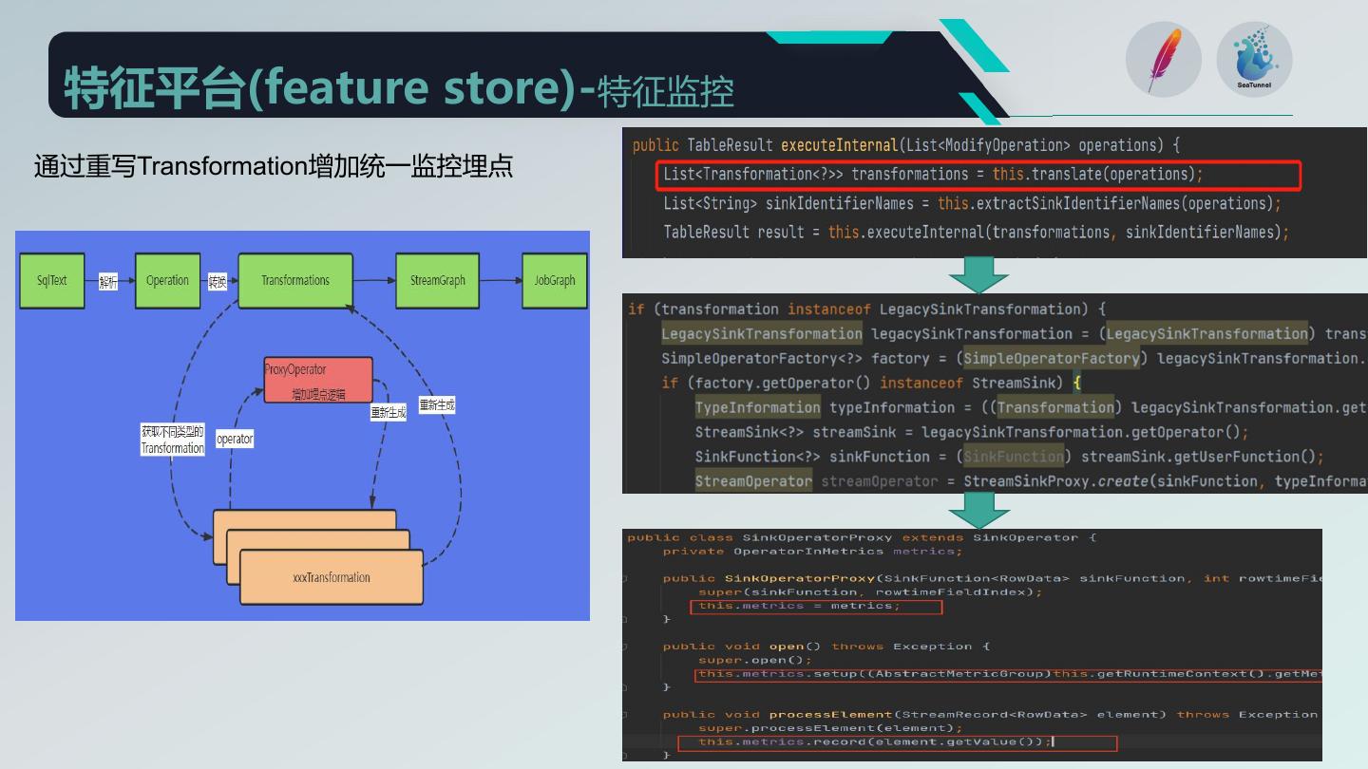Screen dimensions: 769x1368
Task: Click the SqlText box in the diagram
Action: tap(52, 281)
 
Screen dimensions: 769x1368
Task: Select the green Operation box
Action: tap(167, 281)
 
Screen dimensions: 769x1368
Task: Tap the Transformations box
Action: tap(295, 281)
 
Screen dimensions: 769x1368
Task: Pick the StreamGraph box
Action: tap(437, 281)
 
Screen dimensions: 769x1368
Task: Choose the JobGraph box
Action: tap(554, 281)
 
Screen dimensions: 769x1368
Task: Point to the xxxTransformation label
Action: tap(332, 577)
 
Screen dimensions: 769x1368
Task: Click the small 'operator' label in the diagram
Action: tap(235, 439)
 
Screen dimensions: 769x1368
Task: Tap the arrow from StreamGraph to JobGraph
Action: tap(500, 281)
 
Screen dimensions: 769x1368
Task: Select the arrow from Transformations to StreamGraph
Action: tap(374, 281)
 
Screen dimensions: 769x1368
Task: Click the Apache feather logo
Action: tap(1163, 59)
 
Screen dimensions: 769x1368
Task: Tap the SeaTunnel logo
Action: tap(1254, 59)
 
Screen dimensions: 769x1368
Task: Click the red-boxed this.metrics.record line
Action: tap(874, 742)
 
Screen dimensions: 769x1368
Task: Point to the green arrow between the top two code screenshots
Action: tap(978, 274)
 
